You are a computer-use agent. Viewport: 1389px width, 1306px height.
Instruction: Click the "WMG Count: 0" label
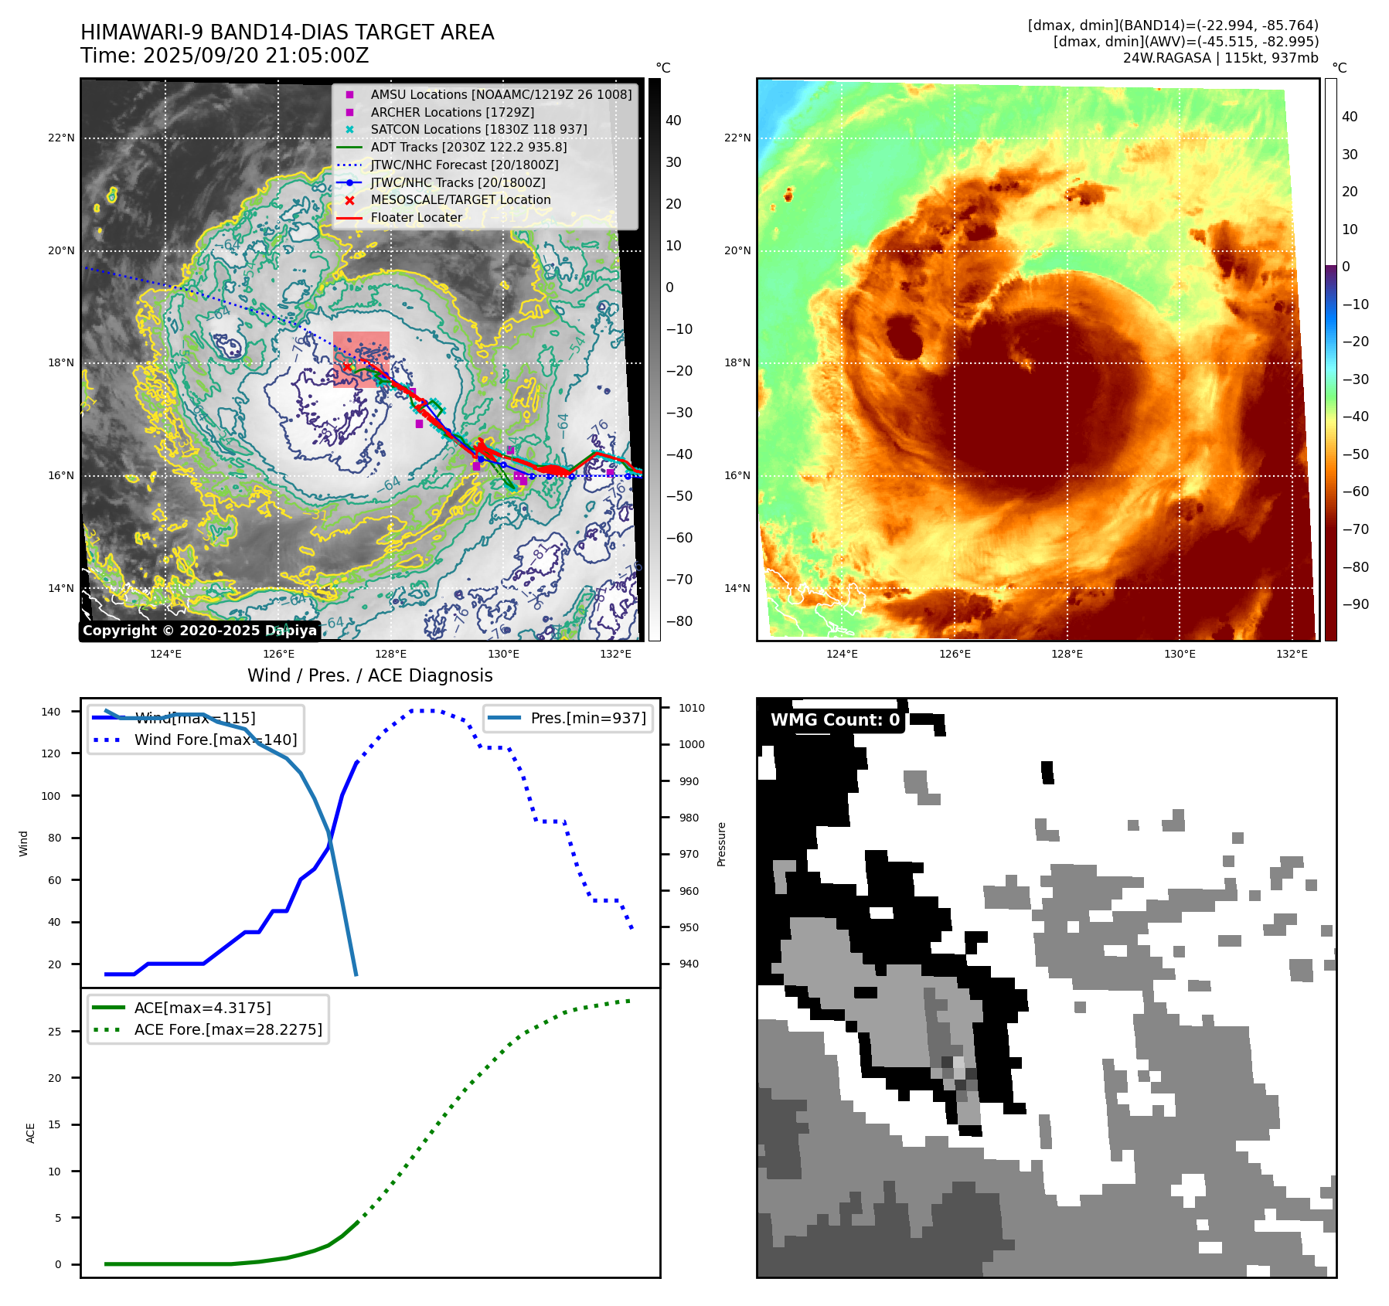835,720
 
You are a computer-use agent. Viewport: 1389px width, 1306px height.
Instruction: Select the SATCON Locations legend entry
478,129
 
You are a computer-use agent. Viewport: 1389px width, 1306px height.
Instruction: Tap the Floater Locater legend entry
416,217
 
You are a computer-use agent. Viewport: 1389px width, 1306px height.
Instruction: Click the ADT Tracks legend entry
468,147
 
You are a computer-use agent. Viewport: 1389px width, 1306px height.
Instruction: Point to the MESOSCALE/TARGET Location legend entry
461,199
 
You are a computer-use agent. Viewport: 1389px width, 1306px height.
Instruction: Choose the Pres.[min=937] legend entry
587,718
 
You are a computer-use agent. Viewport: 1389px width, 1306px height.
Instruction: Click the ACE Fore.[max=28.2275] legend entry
228,1029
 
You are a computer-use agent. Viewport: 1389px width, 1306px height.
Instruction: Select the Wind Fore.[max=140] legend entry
215,740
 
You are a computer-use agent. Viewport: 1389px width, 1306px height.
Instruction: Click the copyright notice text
199,631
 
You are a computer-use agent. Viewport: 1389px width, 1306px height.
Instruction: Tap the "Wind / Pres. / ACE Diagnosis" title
369,675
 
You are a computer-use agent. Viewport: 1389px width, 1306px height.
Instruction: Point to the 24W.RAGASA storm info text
1220,58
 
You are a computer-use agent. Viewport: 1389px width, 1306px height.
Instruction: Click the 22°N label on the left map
62,138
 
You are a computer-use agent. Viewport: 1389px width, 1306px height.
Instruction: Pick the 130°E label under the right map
1180,654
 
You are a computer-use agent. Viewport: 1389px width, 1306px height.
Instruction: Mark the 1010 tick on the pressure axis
692,708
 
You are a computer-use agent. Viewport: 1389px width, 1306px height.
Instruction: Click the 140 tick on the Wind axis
51,712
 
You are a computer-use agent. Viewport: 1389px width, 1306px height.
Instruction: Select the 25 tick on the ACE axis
54,1032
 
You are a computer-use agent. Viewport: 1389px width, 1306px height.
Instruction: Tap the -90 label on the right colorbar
1355,604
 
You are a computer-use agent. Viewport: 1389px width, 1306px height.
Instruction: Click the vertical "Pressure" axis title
721,844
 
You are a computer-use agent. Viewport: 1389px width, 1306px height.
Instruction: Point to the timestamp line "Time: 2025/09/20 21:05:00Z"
224,56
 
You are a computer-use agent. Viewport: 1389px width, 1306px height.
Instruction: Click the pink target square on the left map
361,359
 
